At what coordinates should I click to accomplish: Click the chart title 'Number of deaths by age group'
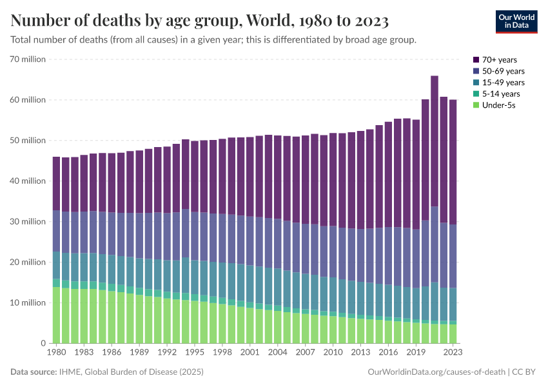pyautogui.click(x=200, y=21)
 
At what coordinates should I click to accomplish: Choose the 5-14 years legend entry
pyautogui.click(x=500, y=94)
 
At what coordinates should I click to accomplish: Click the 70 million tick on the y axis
pyautogui.click(x=27, y=59)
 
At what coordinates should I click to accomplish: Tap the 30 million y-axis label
pyautogui.click(x=27, y=222)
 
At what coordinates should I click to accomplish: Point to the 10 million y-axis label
pyautogui.click(x=27, y=303)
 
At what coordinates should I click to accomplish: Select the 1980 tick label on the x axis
pyautogui.click(x=57, y=353)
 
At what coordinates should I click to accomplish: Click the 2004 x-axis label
pyautogui.click(x=277, y=353)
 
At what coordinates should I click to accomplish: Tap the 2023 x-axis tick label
pyautogui.click(x=453, y=353)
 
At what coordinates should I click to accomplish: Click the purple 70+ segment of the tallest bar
pyautogui.click(x=435, y=142)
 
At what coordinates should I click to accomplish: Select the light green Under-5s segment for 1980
pyautogui.click(x=57, y=316)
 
